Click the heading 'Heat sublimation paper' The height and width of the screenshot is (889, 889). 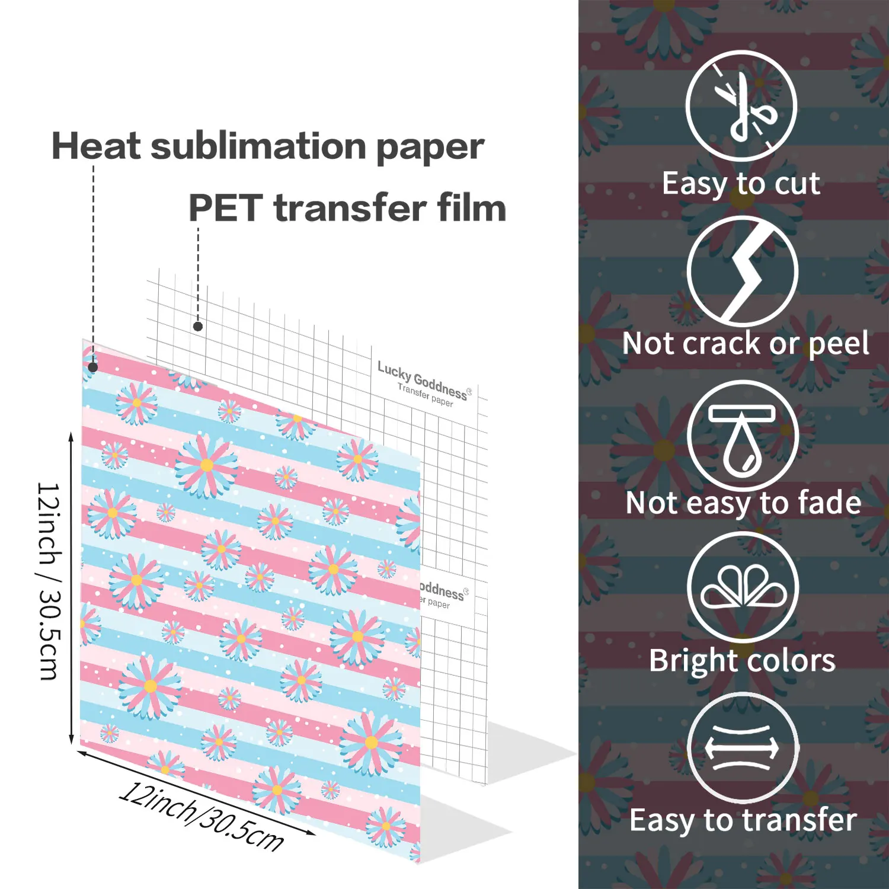pyautogui.click(x=268, y=146)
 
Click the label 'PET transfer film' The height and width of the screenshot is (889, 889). pyautogui.click(x=347, y=208)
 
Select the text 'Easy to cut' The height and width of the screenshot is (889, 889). pyautogui.click(x=741, y=183)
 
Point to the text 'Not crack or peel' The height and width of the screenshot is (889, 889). pyautogui.click(x=746, y=344)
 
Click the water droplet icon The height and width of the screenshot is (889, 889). pyautogui.click(x=743, y=439)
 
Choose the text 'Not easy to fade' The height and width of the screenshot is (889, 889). pyautogui.click(x=743, y=503)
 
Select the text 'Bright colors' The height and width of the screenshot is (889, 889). pyautogui.click(x=742, y=661)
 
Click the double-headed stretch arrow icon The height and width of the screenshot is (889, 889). pyautogui.click(x=742, y=748)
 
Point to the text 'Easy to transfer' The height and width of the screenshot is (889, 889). pyautogui.click(x=743, y=821)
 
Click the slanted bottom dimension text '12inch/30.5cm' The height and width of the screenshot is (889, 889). pyautogui.click(x=202, y=817)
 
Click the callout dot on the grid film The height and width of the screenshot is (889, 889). pyautogui.click(x=198, y=326)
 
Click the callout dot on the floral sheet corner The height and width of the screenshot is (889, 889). pyautogui.click(x=93, y=367)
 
